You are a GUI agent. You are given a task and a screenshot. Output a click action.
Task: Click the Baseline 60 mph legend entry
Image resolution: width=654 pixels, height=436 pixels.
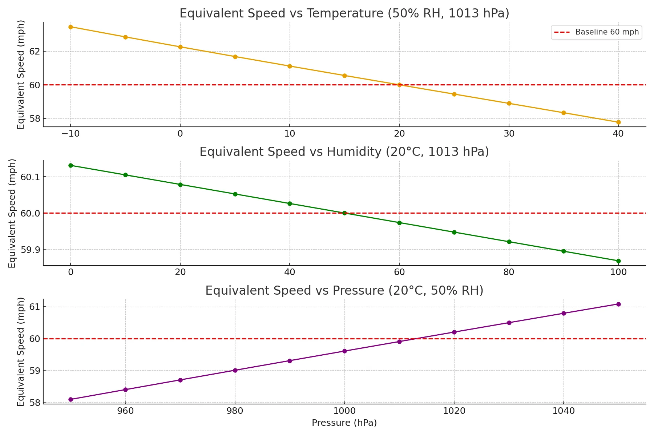[x=596, y=32]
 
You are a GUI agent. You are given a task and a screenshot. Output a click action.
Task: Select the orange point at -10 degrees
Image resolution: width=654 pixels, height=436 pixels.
[x=70, y=27]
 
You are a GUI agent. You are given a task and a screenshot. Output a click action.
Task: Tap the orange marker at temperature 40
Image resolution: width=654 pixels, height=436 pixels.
[x=618, y=122]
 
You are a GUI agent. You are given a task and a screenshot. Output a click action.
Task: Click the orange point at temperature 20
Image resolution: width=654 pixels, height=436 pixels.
[x=399, y=85]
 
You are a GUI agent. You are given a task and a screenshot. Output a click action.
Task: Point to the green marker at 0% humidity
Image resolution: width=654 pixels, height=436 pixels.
[x=70, y=165]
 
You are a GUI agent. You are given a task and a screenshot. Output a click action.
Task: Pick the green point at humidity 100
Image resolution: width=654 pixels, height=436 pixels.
[x=618, y=261]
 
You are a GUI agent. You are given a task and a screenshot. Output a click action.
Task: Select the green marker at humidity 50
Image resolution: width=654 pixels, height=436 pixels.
[x=344, y=213]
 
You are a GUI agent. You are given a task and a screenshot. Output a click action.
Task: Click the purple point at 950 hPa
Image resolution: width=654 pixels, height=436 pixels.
[x=70, y=399]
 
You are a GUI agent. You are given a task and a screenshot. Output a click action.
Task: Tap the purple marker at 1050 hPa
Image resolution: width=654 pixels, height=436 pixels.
[x=618, y=304]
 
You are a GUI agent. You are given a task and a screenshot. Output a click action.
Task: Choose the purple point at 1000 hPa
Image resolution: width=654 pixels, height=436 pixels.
[x=344, y=351]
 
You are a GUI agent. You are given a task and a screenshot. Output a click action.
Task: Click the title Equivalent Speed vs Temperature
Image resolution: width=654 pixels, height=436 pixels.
[x=344, y=13]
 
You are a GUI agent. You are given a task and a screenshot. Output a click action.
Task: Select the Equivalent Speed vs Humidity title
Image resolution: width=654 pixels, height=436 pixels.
[x=344, y=152]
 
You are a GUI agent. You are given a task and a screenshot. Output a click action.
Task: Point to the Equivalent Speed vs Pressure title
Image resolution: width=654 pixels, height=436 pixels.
[x=344, y=291]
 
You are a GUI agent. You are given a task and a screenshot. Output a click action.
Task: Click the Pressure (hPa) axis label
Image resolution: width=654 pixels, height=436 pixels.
[x=344, y=423]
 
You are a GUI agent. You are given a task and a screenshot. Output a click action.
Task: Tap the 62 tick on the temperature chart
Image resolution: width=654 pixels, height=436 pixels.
[x=34, y=51]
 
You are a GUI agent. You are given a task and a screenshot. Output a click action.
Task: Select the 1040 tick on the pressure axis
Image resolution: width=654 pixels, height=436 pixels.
[x=564, y=411]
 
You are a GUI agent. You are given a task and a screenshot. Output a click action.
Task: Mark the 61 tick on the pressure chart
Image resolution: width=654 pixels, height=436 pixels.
[x=34, y=307]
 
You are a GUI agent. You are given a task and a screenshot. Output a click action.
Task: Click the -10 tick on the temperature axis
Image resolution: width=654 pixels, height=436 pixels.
[x=70, y=134]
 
